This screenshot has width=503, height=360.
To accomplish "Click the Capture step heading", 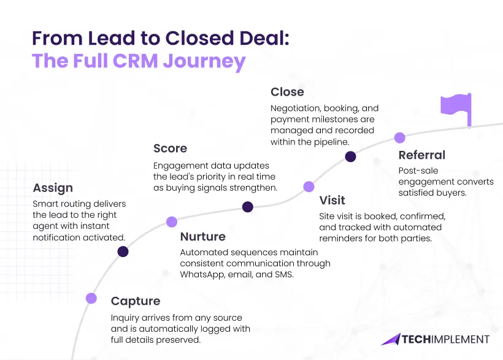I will click(135, 301).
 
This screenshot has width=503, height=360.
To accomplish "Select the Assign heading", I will click(53, 188).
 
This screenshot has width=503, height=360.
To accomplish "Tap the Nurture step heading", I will click(202, 237).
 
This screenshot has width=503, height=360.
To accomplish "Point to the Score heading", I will click(170, 148).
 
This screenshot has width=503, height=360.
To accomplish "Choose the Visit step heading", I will click(332, 201).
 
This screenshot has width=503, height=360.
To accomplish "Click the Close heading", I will click(287, 92).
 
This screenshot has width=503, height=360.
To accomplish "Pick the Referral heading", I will click(421, 155).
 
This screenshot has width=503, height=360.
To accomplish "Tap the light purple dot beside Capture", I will click(91, 299).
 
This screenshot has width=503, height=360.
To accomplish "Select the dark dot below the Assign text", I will click(123, 251).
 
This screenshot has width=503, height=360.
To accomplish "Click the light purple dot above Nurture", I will click(172, 222).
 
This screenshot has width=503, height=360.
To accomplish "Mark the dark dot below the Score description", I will click(247, 207).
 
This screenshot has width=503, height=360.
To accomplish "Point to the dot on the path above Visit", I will click(309, 186).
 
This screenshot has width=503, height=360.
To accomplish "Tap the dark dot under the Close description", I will click(350, 156).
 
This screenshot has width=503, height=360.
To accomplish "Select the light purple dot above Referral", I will click(399, 137).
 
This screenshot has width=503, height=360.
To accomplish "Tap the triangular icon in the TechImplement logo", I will click(391, 339).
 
